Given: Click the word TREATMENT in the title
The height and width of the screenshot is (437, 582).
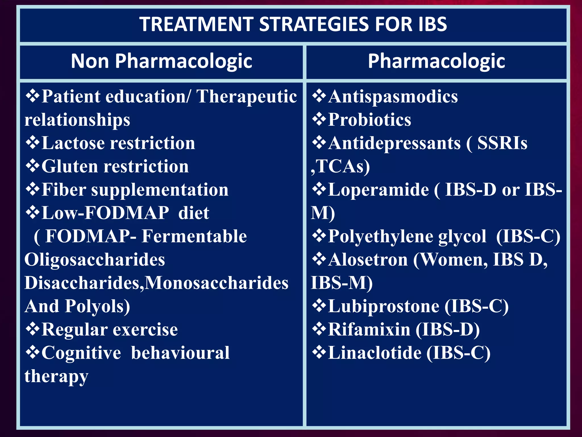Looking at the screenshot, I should tap(196, 24).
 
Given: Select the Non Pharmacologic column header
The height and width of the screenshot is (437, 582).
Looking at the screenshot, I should tap(161, 61).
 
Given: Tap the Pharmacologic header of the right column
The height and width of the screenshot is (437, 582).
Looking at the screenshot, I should tap(436, 61).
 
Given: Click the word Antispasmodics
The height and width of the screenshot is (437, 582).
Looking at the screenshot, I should tap(393, 96).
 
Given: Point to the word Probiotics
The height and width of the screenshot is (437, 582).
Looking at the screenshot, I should tap(369, 120).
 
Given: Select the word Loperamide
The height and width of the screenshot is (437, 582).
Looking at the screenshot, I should tap(378, 190).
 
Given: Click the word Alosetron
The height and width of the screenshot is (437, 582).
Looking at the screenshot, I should tap(368, 260).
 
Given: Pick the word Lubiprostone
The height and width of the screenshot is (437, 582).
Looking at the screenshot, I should tap(384, 306).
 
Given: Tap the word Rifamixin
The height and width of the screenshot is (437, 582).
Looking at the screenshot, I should tap(369, 330).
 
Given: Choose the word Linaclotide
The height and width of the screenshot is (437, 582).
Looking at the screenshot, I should tap(375, 353).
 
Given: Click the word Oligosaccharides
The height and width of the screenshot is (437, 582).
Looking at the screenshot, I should tap(95, 260).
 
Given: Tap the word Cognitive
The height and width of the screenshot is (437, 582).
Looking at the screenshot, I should tap(81, 353).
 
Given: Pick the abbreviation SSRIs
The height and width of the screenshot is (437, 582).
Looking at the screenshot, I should tap(502, 143).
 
